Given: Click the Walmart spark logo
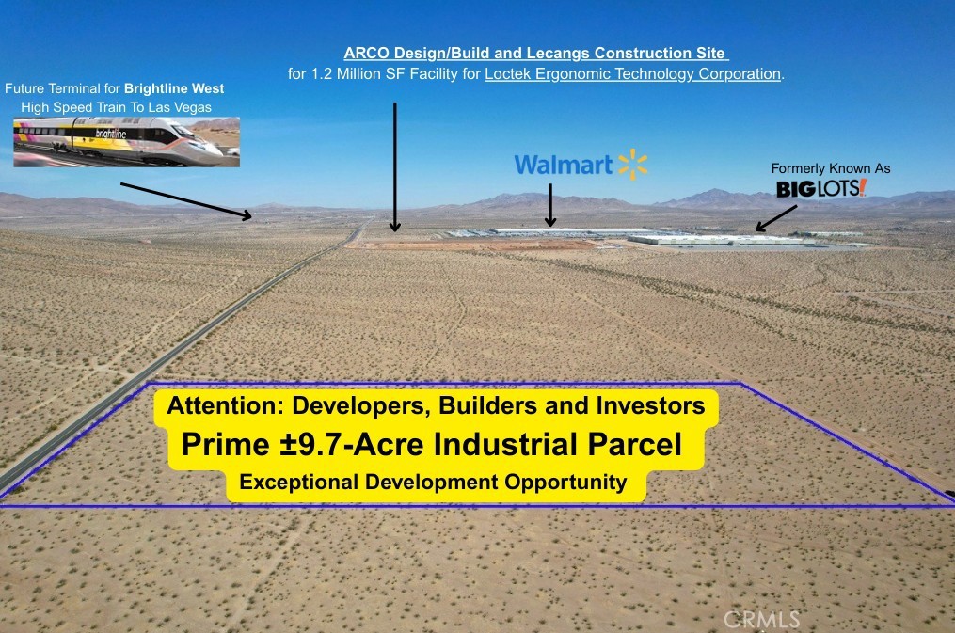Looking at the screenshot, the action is pos(633,165).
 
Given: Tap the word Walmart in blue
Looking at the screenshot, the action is pos(564,165).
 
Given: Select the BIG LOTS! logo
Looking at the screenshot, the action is pos(821,188).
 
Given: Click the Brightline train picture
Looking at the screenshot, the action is pos(127,142).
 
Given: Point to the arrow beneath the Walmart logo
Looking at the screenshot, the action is pos(550,205).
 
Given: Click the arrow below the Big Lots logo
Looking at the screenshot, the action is pos(776,218).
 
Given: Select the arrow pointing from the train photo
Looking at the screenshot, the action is pos(185,201).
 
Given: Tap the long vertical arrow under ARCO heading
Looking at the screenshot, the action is pos(394,166).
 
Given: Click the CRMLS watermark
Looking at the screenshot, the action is pos(761,620).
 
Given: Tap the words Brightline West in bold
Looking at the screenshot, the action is pos(174,88).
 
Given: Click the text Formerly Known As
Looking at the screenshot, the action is pos(831,168).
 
